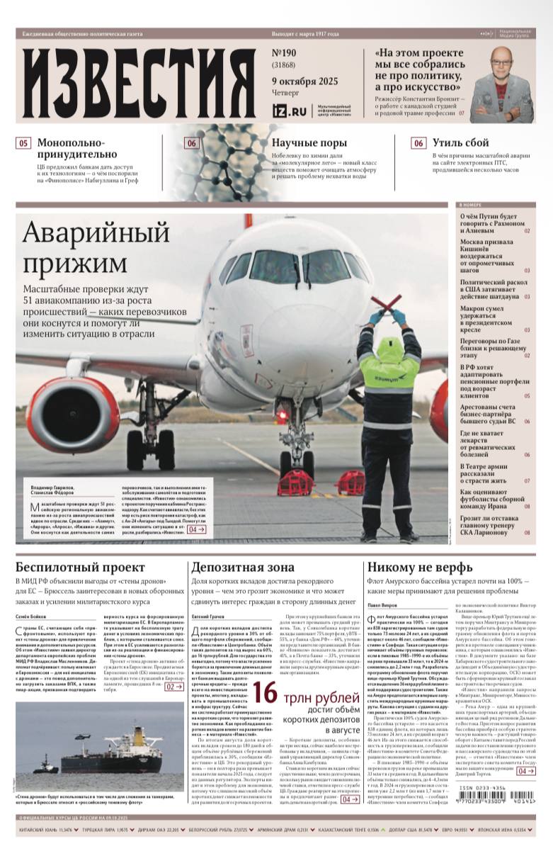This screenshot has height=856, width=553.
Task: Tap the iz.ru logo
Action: (290, 110)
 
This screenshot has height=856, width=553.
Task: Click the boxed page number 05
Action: (23, 143)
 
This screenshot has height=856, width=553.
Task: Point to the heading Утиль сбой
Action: (461, 143)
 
